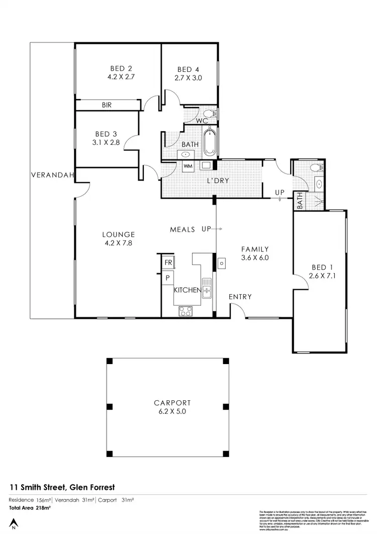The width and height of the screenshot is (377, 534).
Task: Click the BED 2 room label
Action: point(121,68)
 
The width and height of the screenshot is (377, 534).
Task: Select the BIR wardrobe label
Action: point(107,105)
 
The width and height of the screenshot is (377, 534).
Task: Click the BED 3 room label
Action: point(106,134)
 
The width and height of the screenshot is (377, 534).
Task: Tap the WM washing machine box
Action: point(187,165)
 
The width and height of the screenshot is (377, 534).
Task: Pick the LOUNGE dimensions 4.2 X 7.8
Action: point(118,243)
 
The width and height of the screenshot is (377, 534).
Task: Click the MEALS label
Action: point(182,229)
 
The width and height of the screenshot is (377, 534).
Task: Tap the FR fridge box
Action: point(167,263)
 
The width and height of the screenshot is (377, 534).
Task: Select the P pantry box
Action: point(167,277)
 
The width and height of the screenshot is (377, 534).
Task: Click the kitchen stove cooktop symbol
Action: point(184,311)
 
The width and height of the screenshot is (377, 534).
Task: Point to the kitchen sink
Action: point(207,289)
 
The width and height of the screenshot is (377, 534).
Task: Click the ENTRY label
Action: point(240,297)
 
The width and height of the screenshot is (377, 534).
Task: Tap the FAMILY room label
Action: point(255,249)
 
